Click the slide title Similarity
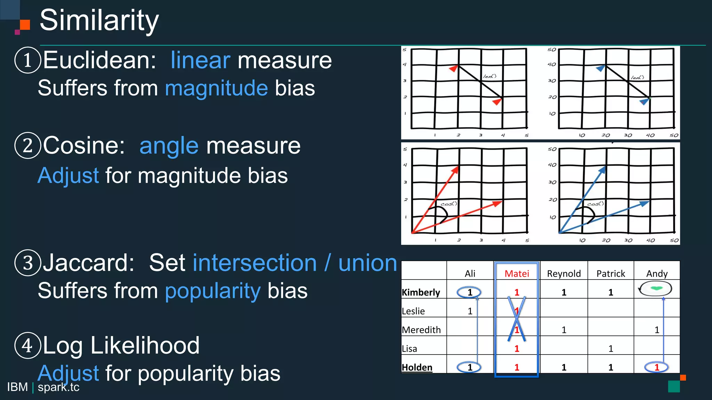pyautogui.click(x=99, y=21)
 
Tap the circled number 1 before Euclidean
pyautogui.click(x=28, y=60)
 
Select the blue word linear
pyautogui.click(x=200, y=60)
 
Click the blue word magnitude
pyautogui.click(x=216, y=88)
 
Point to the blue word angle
pyautogui.click(x=169, y=145)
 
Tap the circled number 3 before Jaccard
pyautogui.click(x=28, y=263)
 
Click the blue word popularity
pyautogui.click(x=213, y=291)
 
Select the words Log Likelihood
pyautogui.click(x=121, y=345)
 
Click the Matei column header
pyautogui.click(x=517, y=274)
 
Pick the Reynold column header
pyautogui.click(x=564, y=274)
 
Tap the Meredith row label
pyautogui.click(x=421, y=330)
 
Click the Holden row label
pyautogui.click(x=417, y=367)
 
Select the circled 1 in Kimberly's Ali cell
pyautogui.click(x=469, y=292)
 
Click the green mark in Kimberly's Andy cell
pyautogui.click(x=656, y=288)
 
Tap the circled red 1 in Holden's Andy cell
pyautogui.click(x=656, y=367)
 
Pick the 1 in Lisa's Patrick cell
pyautogui.click(x=610, y=348)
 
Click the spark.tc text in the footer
pyautogui.click(x=58, y=387)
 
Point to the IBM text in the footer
pyautogui.click(x=17, y=387)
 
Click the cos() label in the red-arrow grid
pyautogui.click(x=448, y=204)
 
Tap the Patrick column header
pyautogui.click(x=610, y=274)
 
